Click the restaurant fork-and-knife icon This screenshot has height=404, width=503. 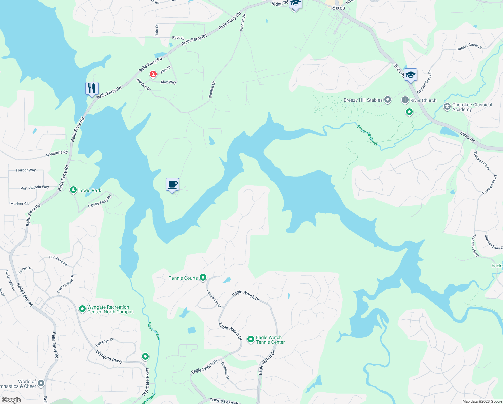point(92,89)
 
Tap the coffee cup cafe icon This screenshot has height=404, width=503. point(172,184)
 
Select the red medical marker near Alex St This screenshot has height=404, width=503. point(153,74)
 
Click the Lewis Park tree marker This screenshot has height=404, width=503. point(73,190)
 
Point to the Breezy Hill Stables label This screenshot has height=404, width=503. point(363,100)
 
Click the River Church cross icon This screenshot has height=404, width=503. point(405,100)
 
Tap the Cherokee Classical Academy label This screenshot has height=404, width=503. point(472,107)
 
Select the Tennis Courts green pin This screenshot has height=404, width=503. point(203,278)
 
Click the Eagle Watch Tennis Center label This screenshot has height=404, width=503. point(270,340)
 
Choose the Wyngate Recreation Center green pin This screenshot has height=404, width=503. point(82,309)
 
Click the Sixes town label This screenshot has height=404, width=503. point(338,8)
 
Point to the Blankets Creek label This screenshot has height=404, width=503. point(367,135)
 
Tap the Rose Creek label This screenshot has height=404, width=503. point(154,331)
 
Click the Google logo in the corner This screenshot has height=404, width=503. point(11,400)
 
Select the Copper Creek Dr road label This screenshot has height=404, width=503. point(469,47)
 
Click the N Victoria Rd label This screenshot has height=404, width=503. point(57,154)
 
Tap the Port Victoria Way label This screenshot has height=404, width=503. point(35,188)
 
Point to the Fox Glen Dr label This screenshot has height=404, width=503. point(104,342)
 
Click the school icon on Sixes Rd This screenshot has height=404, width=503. point(411,75)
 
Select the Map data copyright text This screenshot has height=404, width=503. point(482,401)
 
